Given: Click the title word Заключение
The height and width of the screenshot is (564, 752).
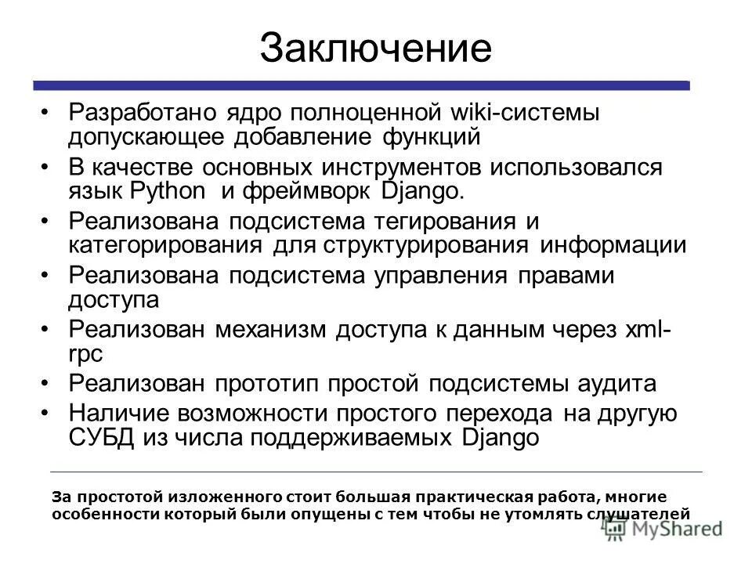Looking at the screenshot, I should click(375, 48).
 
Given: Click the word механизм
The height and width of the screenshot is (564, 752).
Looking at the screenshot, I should click(272, 330).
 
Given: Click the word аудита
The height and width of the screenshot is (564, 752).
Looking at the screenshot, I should click(620, 384).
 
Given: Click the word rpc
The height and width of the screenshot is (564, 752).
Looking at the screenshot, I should click(86, 354).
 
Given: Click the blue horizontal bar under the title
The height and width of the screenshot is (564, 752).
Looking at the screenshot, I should click(361, 85).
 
